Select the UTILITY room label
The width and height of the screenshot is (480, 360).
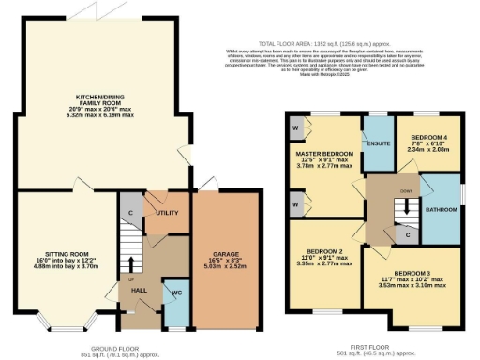click(x=168, y=214)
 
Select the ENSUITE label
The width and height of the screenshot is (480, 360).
click(x=378, y=145)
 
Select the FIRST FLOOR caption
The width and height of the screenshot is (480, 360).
click(x=377, y=348)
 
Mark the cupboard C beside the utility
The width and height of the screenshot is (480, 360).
click(x=130, y=212)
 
